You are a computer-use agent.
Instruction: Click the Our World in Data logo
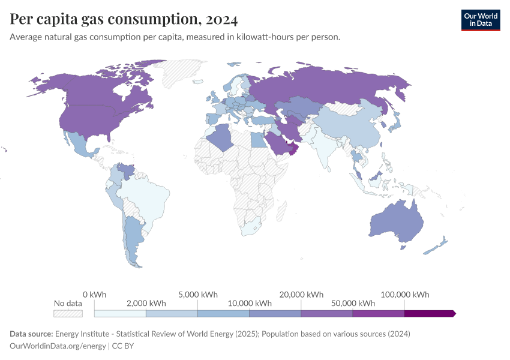pyautogui.click(x=480, y=20)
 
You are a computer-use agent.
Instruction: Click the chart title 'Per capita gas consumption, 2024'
pyautogui.click(x=124, y=19)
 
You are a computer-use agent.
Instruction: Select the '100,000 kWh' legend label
pyautogui.click(x=404, y=295)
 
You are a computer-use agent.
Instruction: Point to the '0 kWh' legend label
pyautogui.click(x=94, y=295)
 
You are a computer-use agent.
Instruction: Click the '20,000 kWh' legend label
pyautogui.click(x=301, y=295)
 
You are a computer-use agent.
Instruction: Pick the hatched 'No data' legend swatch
pyautogui.click(x=68, y=313)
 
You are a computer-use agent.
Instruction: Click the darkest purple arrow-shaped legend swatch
pyautogui.click(x=430, y=313)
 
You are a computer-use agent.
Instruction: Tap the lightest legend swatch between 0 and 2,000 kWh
pyautogui.click(x=120, y=313)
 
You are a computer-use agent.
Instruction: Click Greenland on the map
pyautogui.click(x=186, y=75)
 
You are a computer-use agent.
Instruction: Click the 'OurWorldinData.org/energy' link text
pyautogui.click(x=58, y=346)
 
